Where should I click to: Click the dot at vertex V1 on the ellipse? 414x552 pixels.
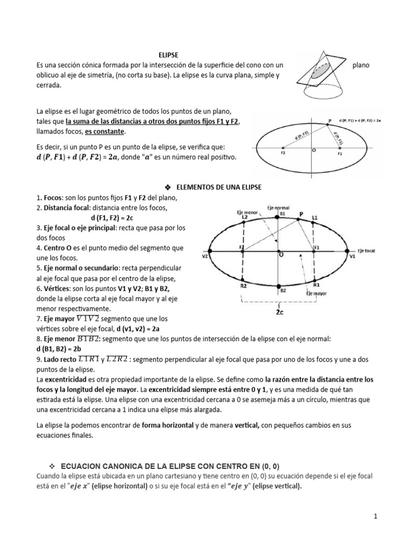pyautogui.click(x=347, y=251)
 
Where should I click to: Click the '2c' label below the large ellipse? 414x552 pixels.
pyautogui.click(x=280, y=312)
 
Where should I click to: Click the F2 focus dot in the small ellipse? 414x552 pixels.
pyautogui.click(x=282, y=148)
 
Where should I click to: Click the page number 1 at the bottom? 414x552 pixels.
pyautogui.click(x=375, y=516)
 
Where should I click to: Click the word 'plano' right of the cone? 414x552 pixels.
pyautogui.click(x=361, y=65)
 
